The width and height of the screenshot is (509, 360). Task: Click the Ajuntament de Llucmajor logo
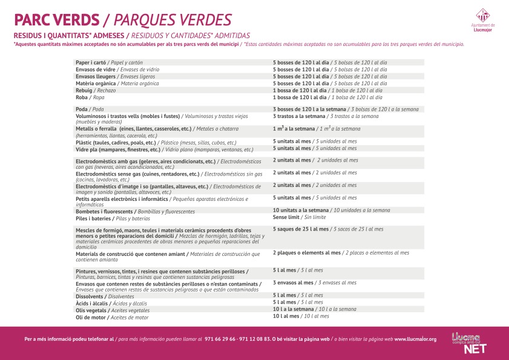click(482, 18)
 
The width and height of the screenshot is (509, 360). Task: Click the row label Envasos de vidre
click(96, 70)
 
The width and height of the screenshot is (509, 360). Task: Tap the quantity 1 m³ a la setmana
click(294, 129)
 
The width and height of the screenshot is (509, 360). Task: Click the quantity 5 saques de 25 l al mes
click(300, 229)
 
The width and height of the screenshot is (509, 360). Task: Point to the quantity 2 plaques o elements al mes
click(307, 253)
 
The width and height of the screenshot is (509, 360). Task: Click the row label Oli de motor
click(91, 317)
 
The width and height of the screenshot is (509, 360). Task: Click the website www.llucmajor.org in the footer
click(415, 339)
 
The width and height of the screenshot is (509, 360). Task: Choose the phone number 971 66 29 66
click(220, 339)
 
